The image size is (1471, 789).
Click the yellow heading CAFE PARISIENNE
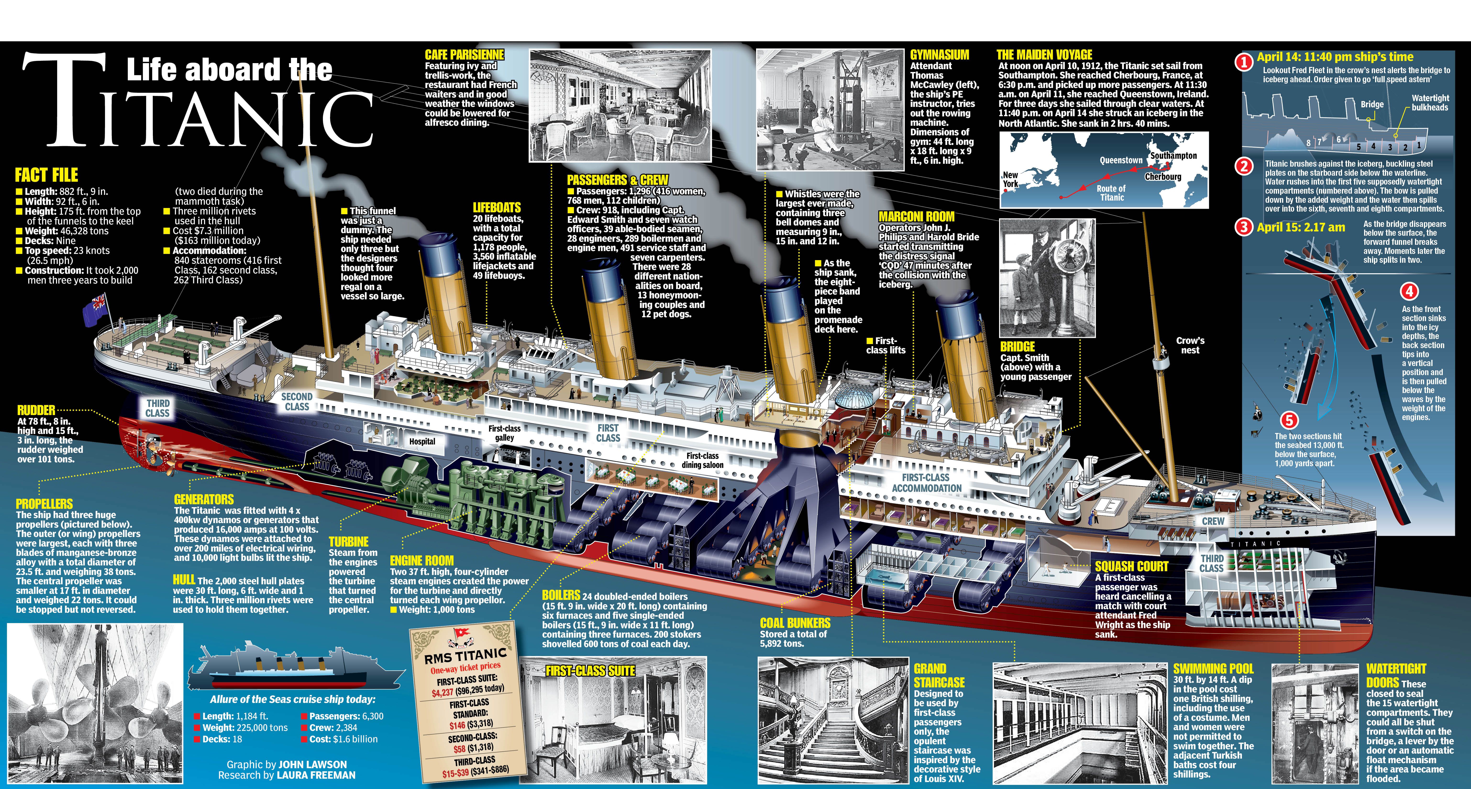tap(464, 55)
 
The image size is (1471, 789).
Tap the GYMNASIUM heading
tap(939, 55)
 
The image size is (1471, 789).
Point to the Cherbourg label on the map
tap(1163, 176)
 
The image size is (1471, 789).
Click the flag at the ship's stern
tap(95, 307)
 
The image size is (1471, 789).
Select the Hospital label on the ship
tap(422, 441)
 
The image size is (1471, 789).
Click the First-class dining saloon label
tap(702, 460)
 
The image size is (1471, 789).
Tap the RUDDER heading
tap(36, 410)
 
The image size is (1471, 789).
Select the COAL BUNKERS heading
tap(795, 623)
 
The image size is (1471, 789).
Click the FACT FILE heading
tap(46, 175)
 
